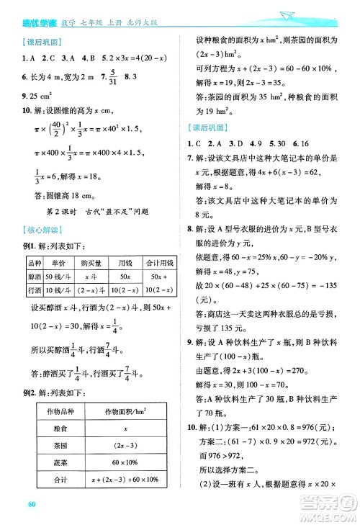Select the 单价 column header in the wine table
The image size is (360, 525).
coord(58,263)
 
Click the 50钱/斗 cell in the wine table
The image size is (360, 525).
coord(58,277)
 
